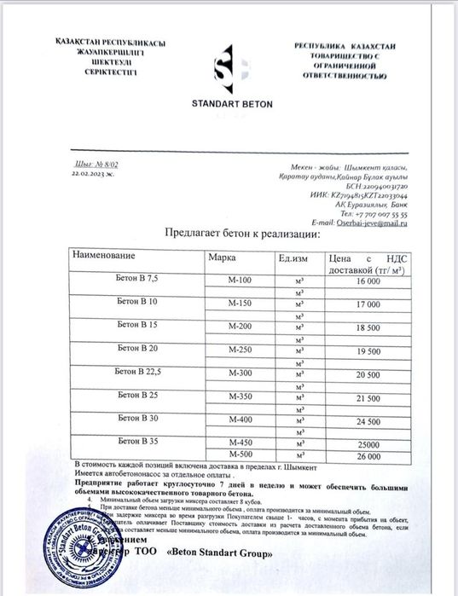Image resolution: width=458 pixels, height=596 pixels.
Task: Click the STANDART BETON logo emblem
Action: click(230, 72)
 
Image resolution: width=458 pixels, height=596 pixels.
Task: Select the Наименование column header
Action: click(103, 255)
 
